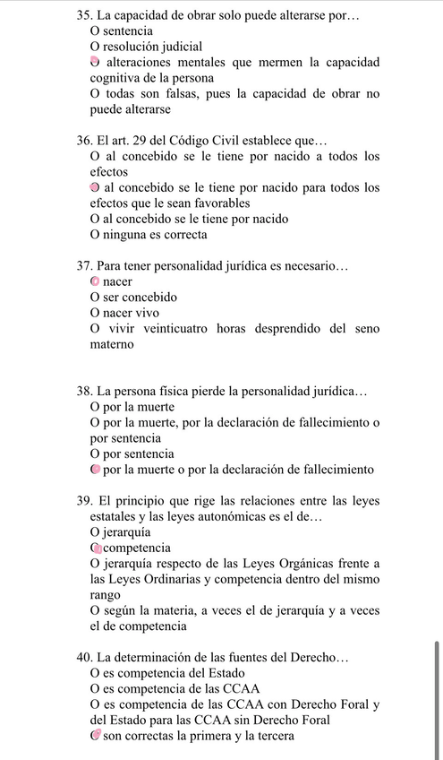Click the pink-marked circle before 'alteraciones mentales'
(x=94, y=61)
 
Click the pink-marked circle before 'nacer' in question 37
(x=95, y=281)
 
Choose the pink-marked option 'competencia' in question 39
(x=137, y=548)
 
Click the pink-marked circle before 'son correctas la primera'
(x=95, y=736)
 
